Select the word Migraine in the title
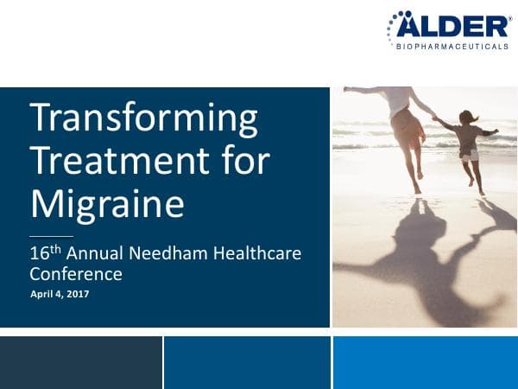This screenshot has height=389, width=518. tap(107, 204)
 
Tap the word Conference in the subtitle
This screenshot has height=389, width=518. tap(76, 275)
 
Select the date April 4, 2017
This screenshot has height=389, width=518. tap(60, 295)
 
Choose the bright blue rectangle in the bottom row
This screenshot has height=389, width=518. tap(425, 362)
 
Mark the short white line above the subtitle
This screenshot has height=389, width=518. tap(51, 236)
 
